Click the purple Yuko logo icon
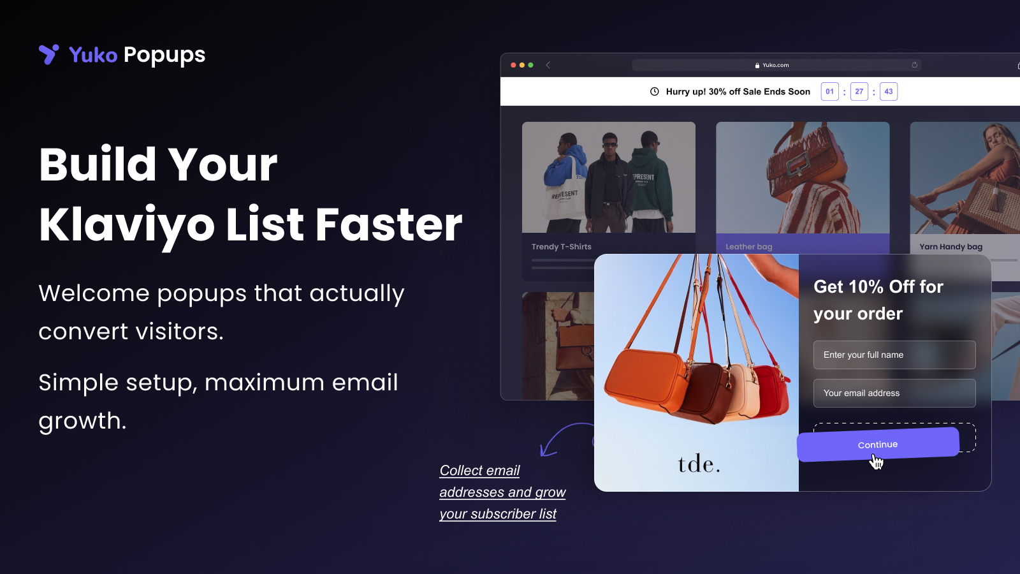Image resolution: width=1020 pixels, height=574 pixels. [48, 54]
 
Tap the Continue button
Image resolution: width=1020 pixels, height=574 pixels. [877, 444]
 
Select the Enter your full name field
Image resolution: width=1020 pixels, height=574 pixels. [894, 355]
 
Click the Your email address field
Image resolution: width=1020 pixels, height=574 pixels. [894, 393]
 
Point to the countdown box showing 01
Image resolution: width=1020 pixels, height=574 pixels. [829, 91]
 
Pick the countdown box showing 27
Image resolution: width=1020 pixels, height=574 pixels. [859, 91]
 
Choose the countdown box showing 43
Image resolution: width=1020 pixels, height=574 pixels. [888, 91]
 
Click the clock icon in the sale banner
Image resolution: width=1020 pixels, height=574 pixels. [654, 91]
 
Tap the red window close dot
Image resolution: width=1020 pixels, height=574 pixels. [513, 65]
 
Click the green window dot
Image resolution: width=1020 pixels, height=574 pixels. [530, 65]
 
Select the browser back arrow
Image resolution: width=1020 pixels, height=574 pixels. [548, 65]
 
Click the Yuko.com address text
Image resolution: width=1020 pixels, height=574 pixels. [775, 65]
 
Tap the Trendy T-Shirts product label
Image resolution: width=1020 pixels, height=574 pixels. [561, 247]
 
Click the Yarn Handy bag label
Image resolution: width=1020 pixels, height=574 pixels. [951, 247]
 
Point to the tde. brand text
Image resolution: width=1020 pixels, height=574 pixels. [699, 464]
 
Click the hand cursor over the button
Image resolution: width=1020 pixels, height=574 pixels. [877, 461]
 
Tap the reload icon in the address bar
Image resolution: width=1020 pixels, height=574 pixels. [914, 65]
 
